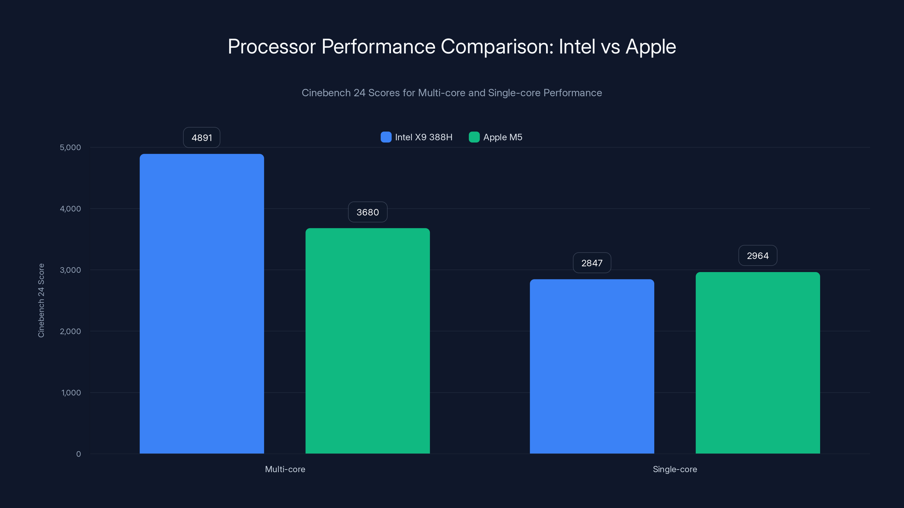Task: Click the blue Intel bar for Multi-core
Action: coord(202,304)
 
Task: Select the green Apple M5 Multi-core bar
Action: coord(368,341)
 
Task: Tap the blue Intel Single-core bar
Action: coord(592,366)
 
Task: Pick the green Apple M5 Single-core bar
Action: coord(758,363)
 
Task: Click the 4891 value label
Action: coord(202,137)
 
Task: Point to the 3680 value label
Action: coord(368,212)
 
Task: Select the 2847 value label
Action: coord(592,263)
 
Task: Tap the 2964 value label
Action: coord(758,256)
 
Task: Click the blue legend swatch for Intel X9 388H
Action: coord(386,137)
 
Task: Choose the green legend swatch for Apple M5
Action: coord(474,137)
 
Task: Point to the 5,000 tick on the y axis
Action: coord(70,147)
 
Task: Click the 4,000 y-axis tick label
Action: coord(70,209)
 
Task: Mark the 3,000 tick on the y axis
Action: coord(70,270)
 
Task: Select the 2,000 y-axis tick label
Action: coord(70,331)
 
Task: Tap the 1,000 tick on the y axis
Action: coord(71,393)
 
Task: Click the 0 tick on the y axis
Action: coord(79,454)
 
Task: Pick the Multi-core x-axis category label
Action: coord(285,469)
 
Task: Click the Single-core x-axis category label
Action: coord(675,469)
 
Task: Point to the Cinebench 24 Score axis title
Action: coord(41,301)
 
